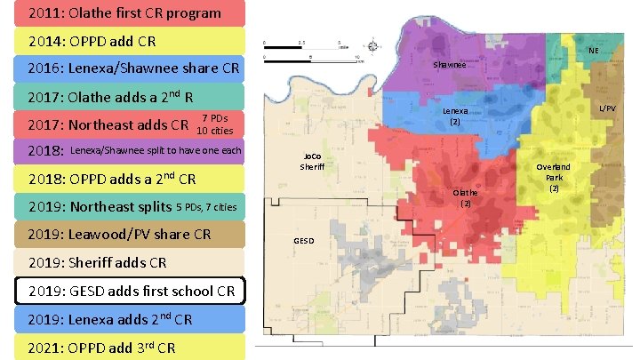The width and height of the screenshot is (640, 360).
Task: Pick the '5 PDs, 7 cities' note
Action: (206, 207)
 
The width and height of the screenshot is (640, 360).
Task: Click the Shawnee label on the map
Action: (449, 67)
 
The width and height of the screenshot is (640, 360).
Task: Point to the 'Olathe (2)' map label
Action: (465, 197)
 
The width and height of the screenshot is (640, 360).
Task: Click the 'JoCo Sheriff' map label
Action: (312, 160)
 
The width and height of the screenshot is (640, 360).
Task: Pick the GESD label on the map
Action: (304, 241)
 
